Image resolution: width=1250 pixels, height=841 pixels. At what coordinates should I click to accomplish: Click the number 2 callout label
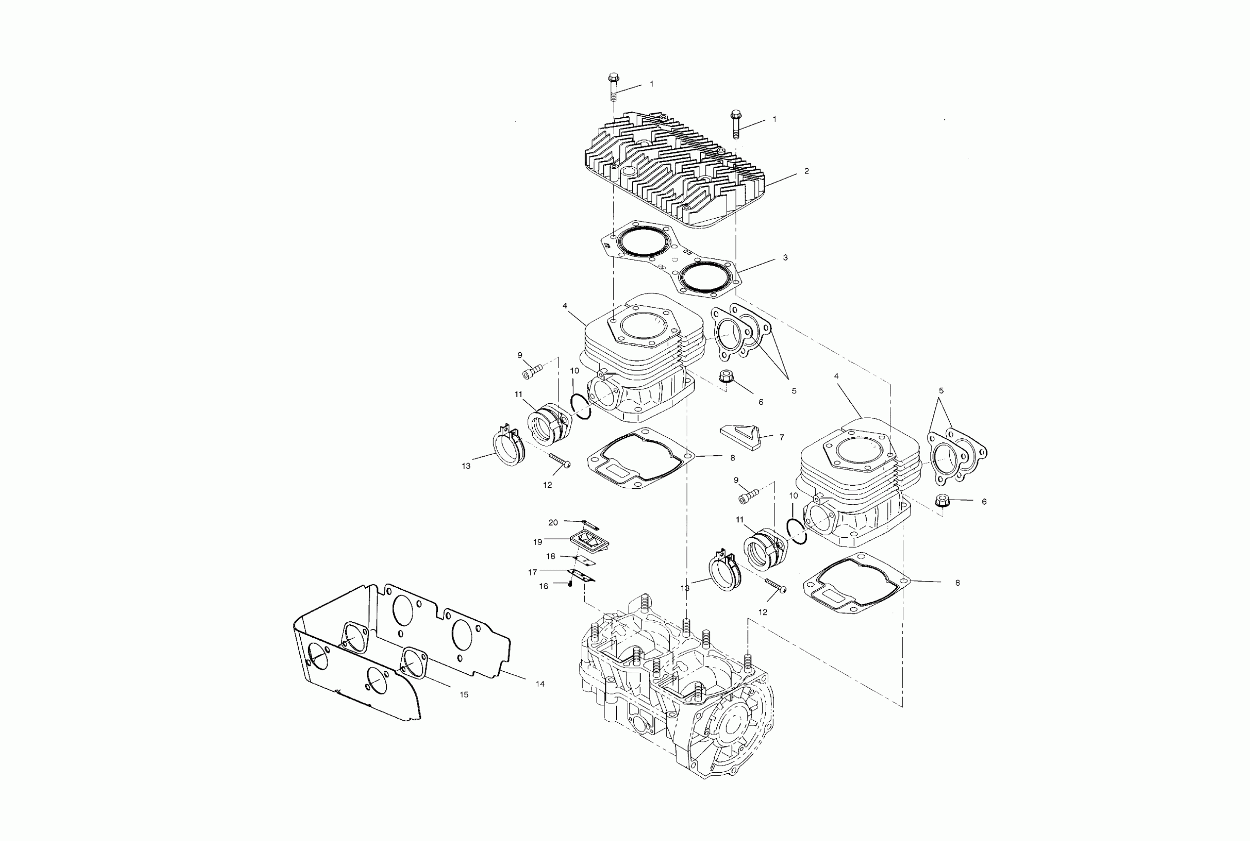coord(806,172)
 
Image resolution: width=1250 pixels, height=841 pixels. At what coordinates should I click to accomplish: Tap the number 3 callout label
coord(785,258)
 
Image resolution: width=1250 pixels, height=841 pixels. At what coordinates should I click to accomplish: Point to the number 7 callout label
coord(782,438)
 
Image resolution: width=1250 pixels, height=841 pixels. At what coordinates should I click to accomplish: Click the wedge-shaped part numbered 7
coord(742,435)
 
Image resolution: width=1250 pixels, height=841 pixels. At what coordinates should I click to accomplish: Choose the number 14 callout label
coord(540,684)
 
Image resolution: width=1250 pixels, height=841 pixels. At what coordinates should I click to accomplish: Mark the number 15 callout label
coord(464,695)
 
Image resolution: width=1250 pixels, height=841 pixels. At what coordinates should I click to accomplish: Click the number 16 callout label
coord(543,586)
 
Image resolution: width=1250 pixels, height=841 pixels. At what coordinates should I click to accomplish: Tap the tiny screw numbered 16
coord(570,584)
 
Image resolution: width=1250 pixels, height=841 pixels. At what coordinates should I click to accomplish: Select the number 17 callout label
coord(532,572)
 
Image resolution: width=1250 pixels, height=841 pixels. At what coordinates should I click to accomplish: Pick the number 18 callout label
coord(551,556)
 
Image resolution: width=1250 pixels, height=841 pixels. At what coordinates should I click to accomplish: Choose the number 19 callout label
coord(538,542)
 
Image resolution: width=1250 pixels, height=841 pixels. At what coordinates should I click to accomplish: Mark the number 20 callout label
coord(553,522)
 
